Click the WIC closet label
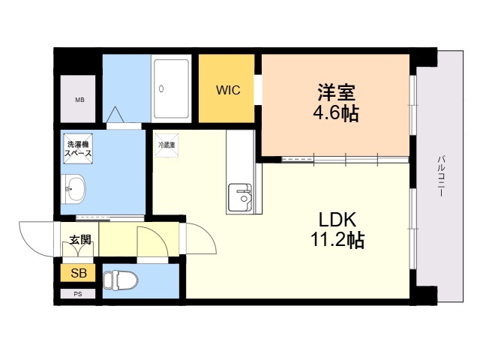(x=228, y=90)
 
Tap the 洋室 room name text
(x=336, y=92)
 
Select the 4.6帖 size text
(x=336, y=113)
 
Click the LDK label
(x=337, y=220)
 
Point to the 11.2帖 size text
(x=337, y=239)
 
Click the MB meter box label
(x=80, y=100)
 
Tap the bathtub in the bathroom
(x=171, y=88)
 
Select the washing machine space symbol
(x=78, y=148)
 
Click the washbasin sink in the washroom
(x=73, y=189)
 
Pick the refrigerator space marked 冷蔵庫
(x=166, y=145)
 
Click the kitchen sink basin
(x=241, y=197)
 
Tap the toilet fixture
(x=120, y=280)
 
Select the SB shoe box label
(x=79, y=273)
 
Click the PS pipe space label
(x=78, y=294)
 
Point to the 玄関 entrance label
(x=80, y=240)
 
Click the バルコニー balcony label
(x=441, y=176)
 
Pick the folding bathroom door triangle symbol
(x=115, y=115)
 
